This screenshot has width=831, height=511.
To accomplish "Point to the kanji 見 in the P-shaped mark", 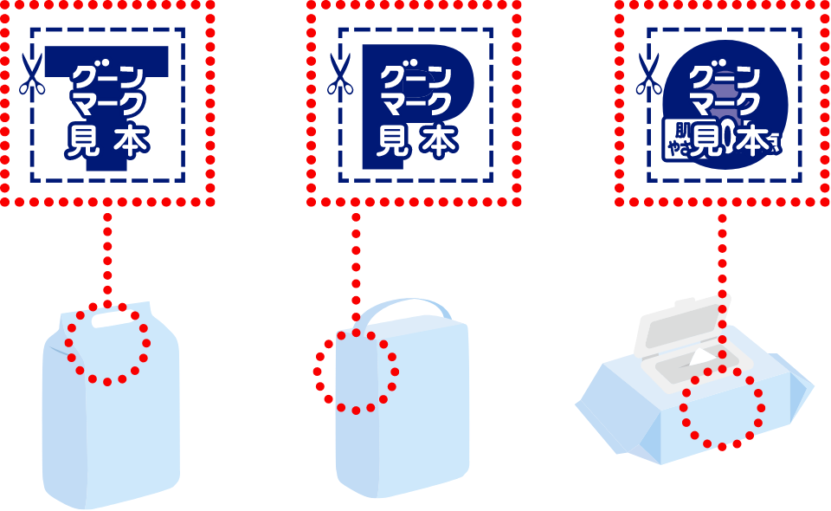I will (x=393, y=141).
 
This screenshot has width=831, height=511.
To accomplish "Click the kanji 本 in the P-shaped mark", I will (x=439, y=141).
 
